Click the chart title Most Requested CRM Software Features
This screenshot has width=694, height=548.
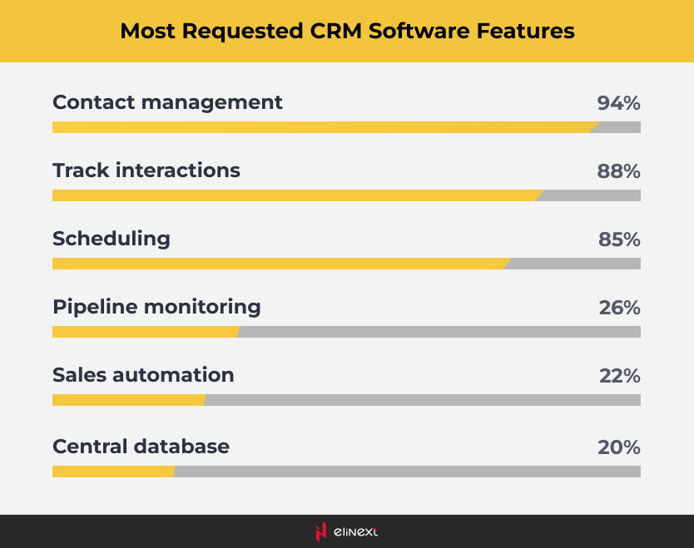coord(347,31)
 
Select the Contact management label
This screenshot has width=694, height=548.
coord(167,102)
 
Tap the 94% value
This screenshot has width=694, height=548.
coord(618,103)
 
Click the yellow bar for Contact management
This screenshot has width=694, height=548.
coord(323,127)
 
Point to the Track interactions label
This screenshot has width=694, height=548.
coord(146,170)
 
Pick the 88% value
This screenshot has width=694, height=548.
coord(618,171)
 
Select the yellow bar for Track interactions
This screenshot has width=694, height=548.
coord(295,195)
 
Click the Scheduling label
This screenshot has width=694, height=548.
coord(111,239)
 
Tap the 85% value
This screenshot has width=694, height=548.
coord(619,239)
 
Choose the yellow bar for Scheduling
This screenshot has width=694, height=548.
coord(280,264)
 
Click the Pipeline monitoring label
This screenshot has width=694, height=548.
coord(156,307)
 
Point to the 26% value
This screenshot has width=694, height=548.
coord(619,308)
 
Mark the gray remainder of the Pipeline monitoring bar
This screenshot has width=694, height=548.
coord(439,332)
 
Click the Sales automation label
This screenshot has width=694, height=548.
coord(143,375)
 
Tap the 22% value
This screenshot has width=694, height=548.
coord(619,376)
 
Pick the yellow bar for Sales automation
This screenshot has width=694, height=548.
coord(127,400)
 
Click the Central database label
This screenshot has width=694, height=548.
coord(141,447)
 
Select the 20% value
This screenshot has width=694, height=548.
coord(618,447)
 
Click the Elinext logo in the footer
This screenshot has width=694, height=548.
coord(346,531)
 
